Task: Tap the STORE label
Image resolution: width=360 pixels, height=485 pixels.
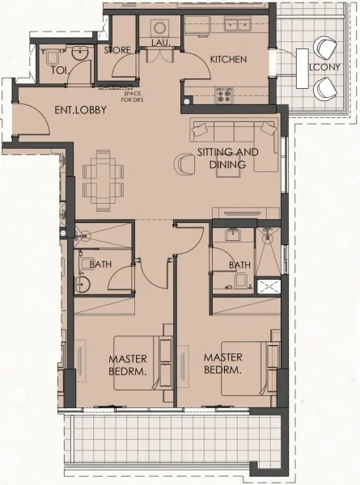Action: click(x=117, y=50)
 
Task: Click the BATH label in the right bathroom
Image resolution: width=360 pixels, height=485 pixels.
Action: click(x=239, y=264)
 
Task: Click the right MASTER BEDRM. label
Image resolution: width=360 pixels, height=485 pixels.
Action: click(x=223, y=363)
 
